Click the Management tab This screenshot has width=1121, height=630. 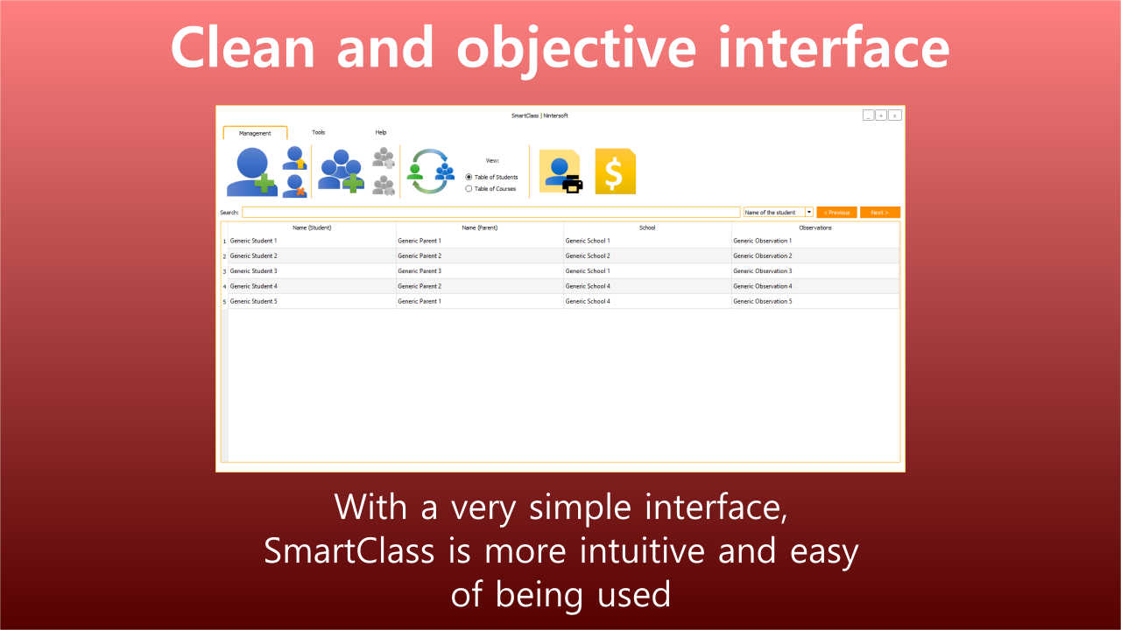pos(255,133)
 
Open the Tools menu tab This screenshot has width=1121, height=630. pos(318,132)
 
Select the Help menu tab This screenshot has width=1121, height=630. pos(381,132)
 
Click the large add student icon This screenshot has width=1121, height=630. pos(251,171)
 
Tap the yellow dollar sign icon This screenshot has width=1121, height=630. pos(615,171)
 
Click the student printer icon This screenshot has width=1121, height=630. pos(560,171)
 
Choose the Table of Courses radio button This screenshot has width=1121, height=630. pos(469,188)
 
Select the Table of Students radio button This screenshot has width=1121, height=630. pos(469,177)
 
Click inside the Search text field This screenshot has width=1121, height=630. pos(491,213)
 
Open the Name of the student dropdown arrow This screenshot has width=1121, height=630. pos(808,212)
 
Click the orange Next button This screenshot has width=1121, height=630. pos(880,213)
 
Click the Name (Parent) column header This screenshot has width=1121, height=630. pos(479,228)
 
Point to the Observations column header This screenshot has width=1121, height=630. pos(815,228)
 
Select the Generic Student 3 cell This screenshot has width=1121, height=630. pos(312,271)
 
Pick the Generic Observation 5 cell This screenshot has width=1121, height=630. pos(815,302)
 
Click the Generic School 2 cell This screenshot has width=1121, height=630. pos(647,256)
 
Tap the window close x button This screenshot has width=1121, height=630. pos(895,115)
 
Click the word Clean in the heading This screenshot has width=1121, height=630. pos(243,47)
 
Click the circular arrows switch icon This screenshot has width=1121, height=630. pos(430,171)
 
